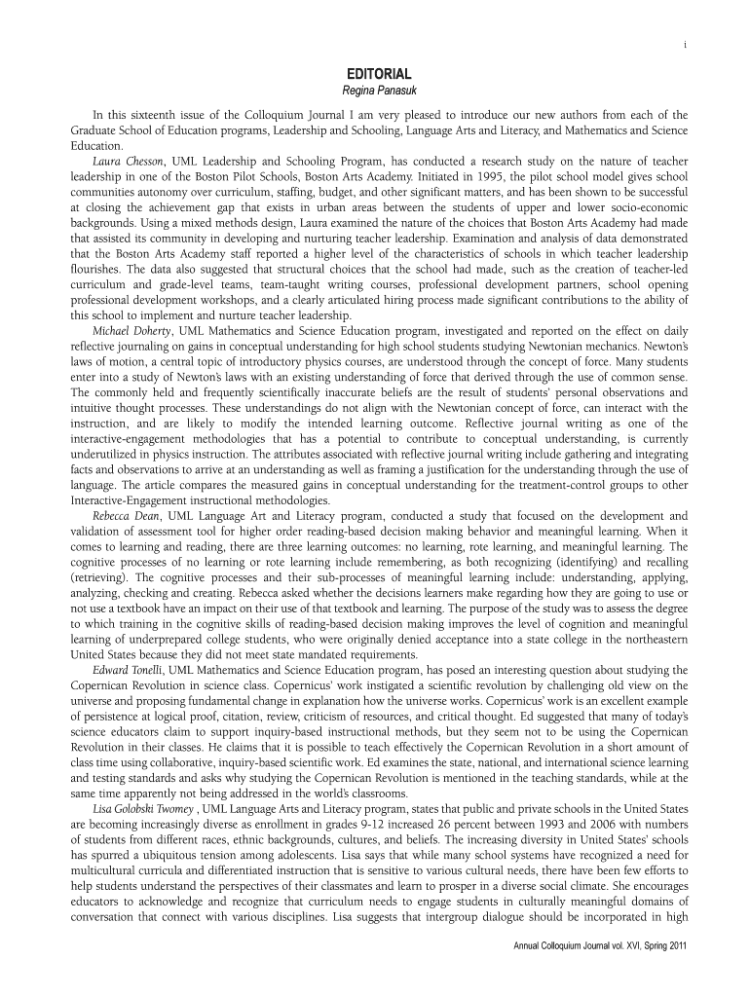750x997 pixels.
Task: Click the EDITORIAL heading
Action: point(380,74)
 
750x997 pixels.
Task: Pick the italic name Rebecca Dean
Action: point(128,515)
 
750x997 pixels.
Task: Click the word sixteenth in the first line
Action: point(146,115)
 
